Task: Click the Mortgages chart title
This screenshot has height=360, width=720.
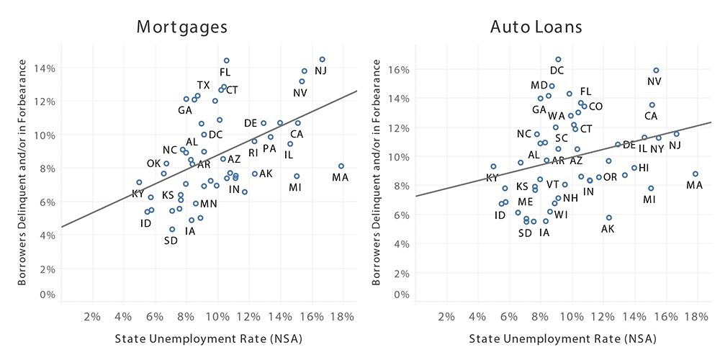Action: [x=182, y=27]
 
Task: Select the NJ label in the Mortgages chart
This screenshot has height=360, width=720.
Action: [x=320, y=71]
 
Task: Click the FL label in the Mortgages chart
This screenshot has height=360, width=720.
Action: [x=225, y=72]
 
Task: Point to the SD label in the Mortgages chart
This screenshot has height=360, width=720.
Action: [x=171, y=240]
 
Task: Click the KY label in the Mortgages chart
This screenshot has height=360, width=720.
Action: [x=138, y=194]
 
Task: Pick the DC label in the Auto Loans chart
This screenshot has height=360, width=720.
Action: [x=557, y=71]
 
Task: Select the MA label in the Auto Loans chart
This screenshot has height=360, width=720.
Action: [x=694, y=185]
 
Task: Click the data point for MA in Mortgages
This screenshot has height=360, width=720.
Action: [x=341, y=166]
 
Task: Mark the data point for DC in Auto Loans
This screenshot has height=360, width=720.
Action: [x=558, y=59]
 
